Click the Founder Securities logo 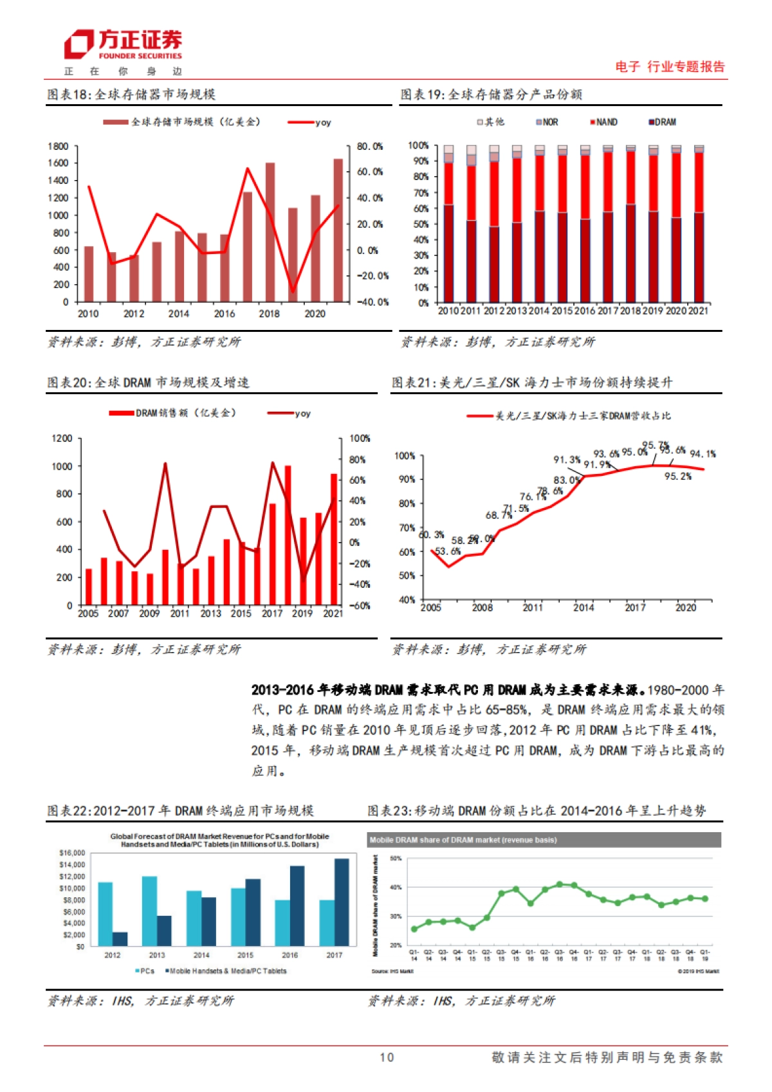[x=123, y=45]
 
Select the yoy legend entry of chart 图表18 [x=309, y=122]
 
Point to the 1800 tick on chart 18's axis [x=58, y=147]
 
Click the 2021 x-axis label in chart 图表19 [x=698, y=311]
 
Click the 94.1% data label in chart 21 [x=703, y=454]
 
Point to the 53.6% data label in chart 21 [x=448, y=551]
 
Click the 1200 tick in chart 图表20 [x=62, y=439]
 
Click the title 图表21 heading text [x=532, y=383]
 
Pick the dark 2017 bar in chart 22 [x=342, y=902]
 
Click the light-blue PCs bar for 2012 [x=106, y=913]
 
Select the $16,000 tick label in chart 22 [x=71, y=853]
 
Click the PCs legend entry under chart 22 [x=145, y=971]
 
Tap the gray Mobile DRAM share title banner [x=544, y=840]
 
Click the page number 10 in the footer [x=386, y=1057]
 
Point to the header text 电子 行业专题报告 [x=670, y=66]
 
